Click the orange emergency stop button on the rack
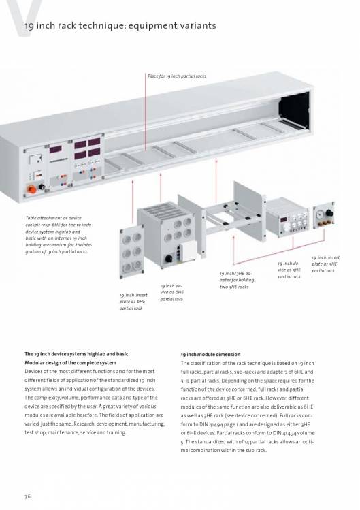[x=31, y=189]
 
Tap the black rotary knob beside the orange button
[x=42, y=187]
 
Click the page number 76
[x=27, y=496]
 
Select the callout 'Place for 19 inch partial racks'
[x=177, y=76]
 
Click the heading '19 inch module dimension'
[x=211, y=355]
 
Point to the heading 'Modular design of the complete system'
[x=70, y=363]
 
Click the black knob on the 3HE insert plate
[x=329, y=213]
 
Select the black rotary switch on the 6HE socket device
[x=169, y=259]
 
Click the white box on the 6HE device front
[x=189, y=251]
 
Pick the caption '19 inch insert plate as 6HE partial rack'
[x=133, y=302]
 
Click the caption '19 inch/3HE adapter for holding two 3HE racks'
[x=237, y=280]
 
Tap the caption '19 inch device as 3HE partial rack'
[x=289, y=270]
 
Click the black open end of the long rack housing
[x=294, y=112]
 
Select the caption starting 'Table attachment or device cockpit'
[x=58, y=234]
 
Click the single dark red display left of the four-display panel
[x=55, y=149]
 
